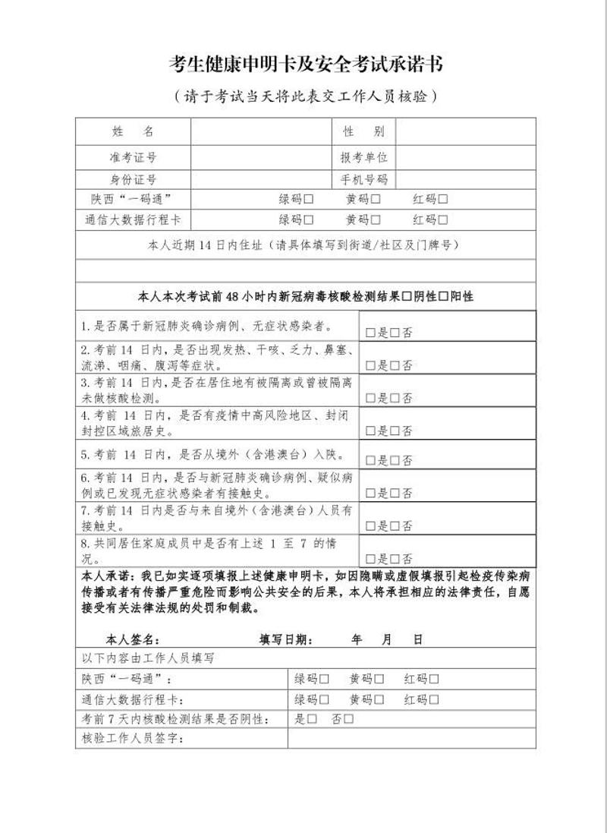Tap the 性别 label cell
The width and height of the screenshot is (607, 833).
coord(363,131)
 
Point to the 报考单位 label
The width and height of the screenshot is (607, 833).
coord(363,157)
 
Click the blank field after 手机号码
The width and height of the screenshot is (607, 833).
coord(465,179)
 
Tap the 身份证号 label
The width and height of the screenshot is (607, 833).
coord(134,179)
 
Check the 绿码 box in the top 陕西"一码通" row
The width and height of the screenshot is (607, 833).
coord(309,200)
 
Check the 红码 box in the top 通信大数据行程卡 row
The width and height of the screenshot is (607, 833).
coord(443,220)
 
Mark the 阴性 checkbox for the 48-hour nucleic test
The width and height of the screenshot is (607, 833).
coord(407,296)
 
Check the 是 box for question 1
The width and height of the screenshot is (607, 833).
coord(370,333)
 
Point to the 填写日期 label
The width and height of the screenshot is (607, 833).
coord(285,639)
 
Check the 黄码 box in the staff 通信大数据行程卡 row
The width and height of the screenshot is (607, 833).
coord(379,699)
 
